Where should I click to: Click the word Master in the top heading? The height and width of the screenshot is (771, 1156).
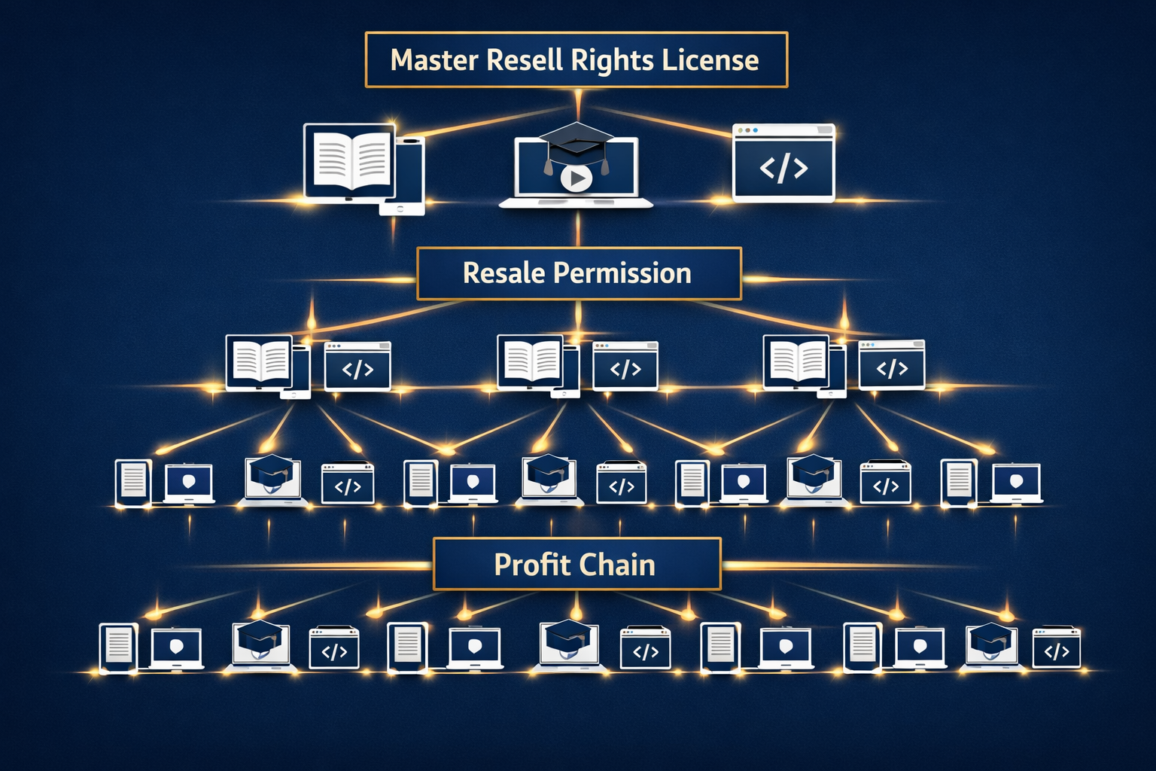[434, 60]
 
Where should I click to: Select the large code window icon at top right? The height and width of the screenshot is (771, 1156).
[783, 163]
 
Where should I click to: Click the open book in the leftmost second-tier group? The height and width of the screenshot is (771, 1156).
[260, 361]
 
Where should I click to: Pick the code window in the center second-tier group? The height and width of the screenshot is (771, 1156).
[625, 367]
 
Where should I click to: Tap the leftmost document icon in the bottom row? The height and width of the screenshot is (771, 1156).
[118, 646]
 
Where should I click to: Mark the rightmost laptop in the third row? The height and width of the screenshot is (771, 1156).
[1017, 483]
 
